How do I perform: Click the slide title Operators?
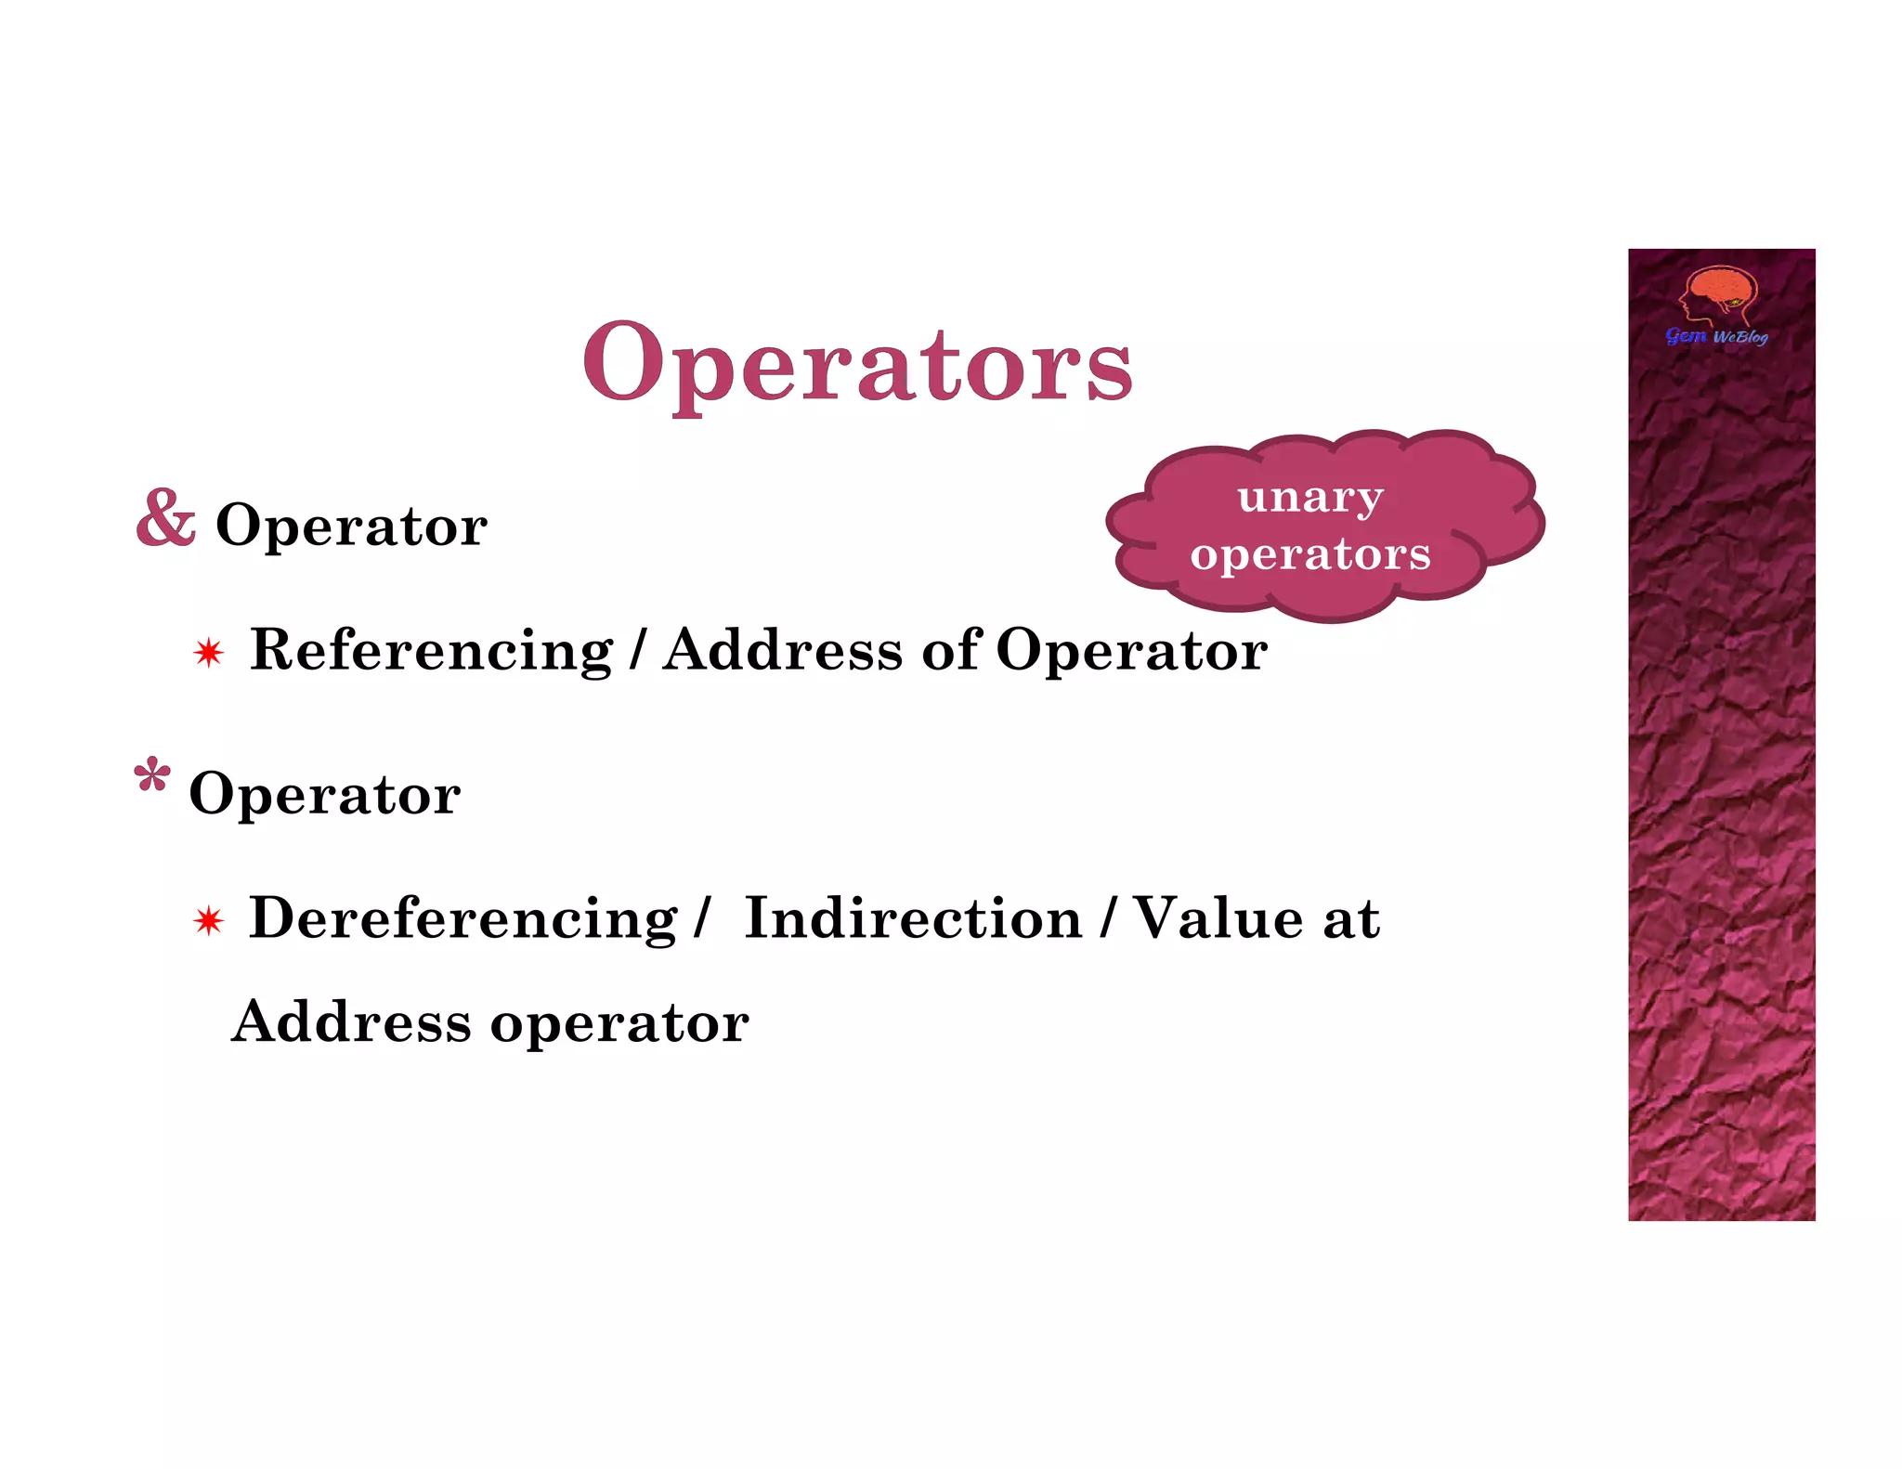tap(857, 364)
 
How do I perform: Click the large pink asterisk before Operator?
tap(152, 776)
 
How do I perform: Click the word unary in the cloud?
tap(1310, 498)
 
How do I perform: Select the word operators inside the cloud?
tap(1310, 555)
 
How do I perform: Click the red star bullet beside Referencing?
tap(209, 653)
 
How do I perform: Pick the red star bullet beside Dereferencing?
tap(209, 921)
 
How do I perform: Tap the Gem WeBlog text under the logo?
tap(1717, 336)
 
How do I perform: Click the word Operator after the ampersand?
tap(351, 526)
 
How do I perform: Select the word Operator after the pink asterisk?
tap(325, 794)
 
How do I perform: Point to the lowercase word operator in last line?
tap(619, 1023)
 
